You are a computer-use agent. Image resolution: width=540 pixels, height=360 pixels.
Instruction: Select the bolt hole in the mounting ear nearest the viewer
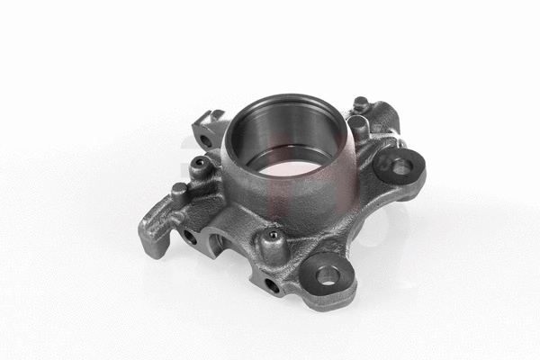328,274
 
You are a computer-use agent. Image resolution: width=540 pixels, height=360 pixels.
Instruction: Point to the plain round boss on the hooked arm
179,191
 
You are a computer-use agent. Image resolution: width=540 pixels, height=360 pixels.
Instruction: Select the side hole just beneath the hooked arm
191,237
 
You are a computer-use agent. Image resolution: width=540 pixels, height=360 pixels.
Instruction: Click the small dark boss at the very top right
361,103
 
